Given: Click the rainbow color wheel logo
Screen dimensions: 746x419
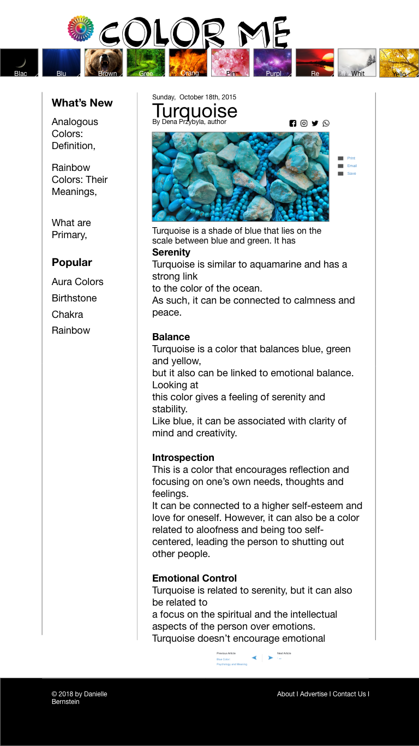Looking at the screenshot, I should [x=81, y=28].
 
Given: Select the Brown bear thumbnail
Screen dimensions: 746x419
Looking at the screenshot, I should [x=104, y=63].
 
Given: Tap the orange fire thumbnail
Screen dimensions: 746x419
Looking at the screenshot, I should [x=188, y=63].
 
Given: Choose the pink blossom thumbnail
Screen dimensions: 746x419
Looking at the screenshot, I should [x=230, y=63].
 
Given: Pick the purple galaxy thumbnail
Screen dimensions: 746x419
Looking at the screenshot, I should [x=272, y=63].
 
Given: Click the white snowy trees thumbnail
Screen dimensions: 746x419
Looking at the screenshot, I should [x=357, y=63].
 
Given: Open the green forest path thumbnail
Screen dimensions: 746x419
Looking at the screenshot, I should [x=146, y=63].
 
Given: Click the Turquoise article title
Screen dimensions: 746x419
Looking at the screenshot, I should [x=194, y=111].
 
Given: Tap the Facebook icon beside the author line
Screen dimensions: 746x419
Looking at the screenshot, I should [x=293, y=123].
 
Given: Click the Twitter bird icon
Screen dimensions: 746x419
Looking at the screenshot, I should [x=315, y=123].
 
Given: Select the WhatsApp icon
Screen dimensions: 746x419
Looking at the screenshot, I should [x=326, y=123].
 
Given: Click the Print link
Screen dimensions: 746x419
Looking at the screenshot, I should [x=351, y=158].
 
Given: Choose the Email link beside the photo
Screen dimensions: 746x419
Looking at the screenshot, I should [x=352, y=166].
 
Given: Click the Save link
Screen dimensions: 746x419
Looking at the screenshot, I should [x=351, y=174].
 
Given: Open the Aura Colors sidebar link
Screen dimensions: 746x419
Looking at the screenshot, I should [x=77, y=282].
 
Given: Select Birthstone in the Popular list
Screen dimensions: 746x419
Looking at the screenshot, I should [x=74, y=298].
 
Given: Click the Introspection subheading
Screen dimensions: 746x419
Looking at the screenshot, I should [x=183, y=458].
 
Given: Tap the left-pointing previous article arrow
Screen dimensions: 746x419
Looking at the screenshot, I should [x=254, y=658].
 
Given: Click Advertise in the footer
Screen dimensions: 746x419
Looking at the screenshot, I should [x=314, y=694].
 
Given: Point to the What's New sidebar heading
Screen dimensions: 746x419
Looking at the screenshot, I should [x=82, y=103].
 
